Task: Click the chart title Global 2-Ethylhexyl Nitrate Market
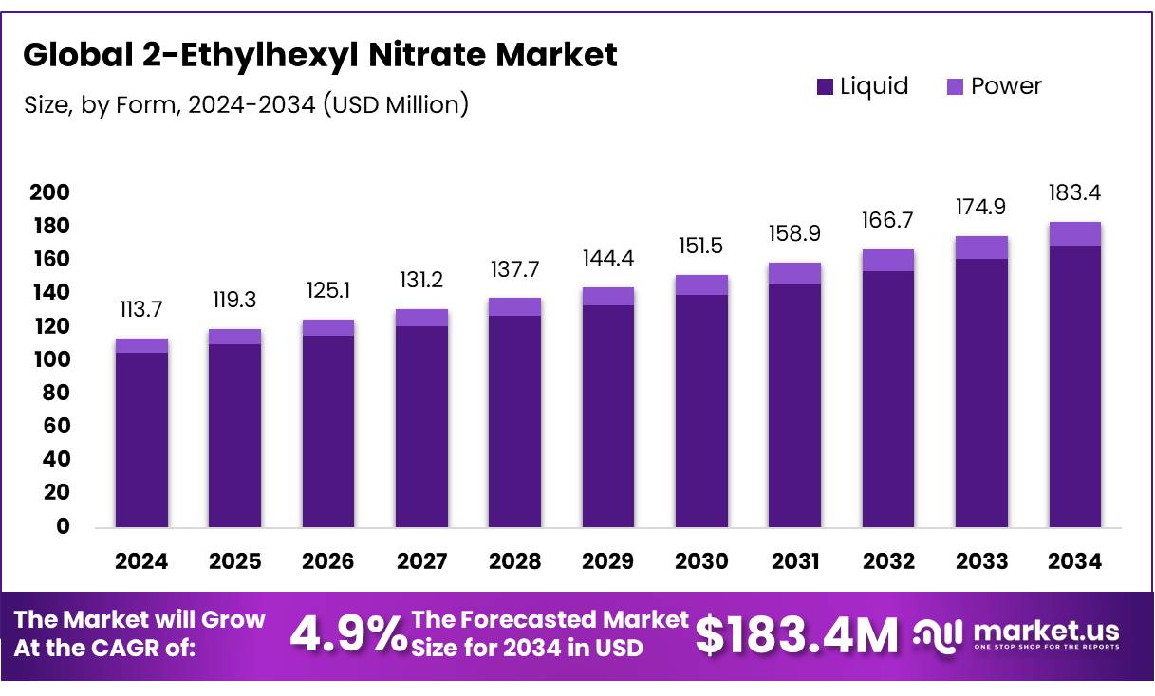tap(320, 55)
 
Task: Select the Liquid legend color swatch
tap(825, 87)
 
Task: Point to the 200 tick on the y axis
tap(49, 193)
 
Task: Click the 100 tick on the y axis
tap(49, 360)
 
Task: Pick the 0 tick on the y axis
tap(63, 526)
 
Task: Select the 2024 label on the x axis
tap(141, 561)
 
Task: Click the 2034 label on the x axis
tap(1074, 561)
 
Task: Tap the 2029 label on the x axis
tap(608, 561)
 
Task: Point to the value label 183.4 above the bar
tap(1074, 193)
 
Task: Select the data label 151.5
tap(701, 246)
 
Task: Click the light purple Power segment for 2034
tap(1074, 234)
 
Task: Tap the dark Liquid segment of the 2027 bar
tap(421, 427)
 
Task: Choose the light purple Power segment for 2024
tap(141, 345)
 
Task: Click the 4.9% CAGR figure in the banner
tap(347, 635)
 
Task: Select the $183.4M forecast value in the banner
tap(796, 635)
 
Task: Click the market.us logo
tap(1016, 634)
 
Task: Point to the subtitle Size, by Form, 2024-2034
tap(246, 104)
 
